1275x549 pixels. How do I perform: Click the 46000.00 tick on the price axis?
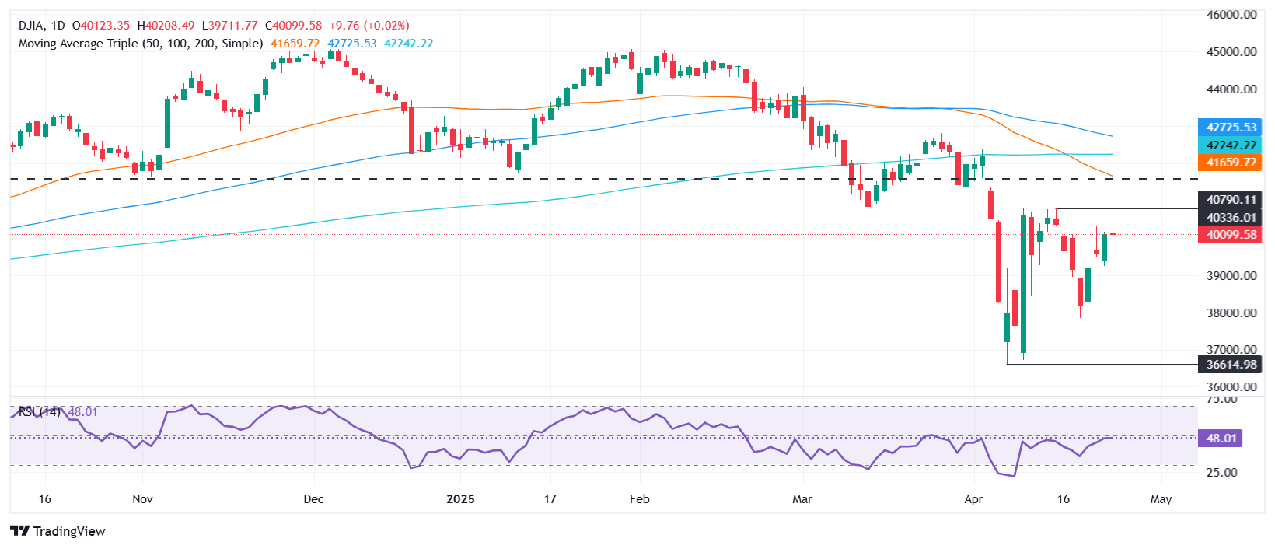[1231, 15]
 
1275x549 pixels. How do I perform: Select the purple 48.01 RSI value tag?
[1221, 439]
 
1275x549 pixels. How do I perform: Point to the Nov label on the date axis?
[142, 499]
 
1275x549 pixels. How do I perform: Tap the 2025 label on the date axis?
[460, 499]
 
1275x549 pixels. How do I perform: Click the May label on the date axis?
[1161, 499]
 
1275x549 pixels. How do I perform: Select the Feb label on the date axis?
[639, 499]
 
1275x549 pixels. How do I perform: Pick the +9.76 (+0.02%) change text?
[369, 26]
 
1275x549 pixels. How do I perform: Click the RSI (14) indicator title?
[40, 411]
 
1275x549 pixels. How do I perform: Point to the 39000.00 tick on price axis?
[1231, 276]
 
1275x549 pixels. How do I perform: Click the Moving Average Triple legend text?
[141, 44]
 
